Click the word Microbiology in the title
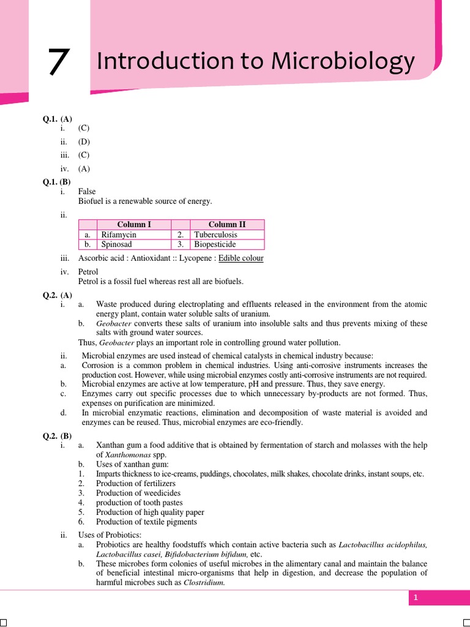click(343, 62)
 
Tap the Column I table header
click(134, 225)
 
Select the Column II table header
click(227, 225)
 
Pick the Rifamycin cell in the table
click(119, 235)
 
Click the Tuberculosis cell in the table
click(215, 235)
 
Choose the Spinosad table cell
click(117, 244)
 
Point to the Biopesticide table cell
click(215, 244)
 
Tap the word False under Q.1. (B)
click(87, 192)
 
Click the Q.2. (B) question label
click(57, 436)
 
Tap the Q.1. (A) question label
click(57, 119)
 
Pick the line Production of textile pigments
click(146, 522)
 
